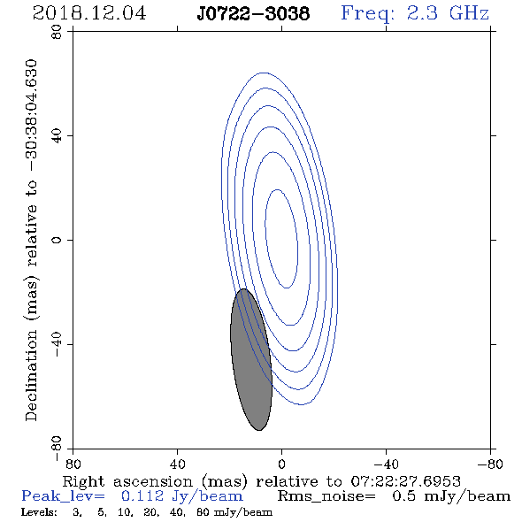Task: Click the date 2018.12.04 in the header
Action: [89, 13]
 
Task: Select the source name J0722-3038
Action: [253, 13]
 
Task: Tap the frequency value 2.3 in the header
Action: [422, 13]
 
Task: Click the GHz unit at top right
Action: [469, 13]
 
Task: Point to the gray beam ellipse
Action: [251, 359]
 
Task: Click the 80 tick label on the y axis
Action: [57, 32]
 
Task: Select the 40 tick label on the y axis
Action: [57, 136]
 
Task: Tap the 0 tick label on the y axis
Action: [57, 240]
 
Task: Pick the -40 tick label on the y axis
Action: [57, 344]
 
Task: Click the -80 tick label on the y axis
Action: [57, 449]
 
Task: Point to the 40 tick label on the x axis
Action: [177, 464]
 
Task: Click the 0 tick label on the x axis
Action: [281, 464]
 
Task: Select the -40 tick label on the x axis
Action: [386, 464]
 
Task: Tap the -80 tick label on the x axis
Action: [490, 464]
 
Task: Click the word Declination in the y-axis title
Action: [31, 375]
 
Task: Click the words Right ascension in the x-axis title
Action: [127, 481]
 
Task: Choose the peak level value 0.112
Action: [142, 496]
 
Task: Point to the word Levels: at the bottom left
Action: [39, 512]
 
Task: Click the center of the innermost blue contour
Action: [281, 239]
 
